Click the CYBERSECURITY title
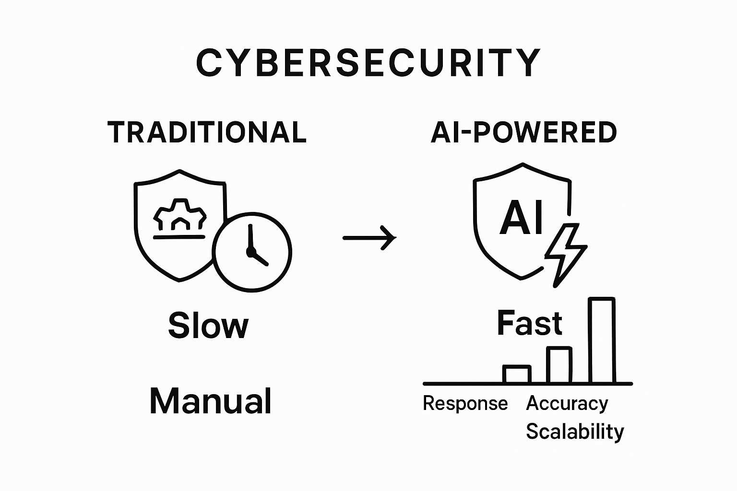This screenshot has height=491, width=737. (368, 63)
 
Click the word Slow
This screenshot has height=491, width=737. (208, 326)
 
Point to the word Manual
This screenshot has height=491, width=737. (211, 401)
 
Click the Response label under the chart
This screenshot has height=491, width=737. (465, 403)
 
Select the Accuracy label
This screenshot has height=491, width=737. (567, 403)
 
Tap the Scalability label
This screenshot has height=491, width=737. (575, 432)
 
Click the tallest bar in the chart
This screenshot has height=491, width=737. (602, 340)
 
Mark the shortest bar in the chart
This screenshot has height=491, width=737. (517, 374)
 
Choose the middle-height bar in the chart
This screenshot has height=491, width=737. (559, 365)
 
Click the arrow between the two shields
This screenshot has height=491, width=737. (369, 237)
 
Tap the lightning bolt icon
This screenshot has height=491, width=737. (565, 254)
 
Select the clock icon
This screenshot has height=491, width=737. (252, 252)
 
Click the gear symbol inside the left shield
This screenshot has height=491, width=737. (179, 216)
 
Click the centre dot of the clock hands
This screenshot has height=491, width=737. (250, 251)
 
